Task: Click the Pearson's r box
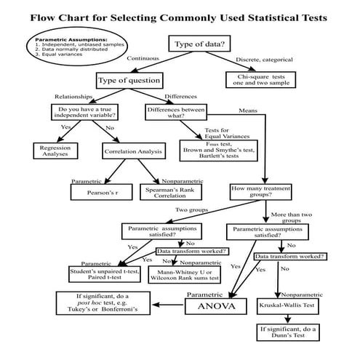(100, 192)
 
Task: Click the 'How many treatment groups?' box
(262, 192)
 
